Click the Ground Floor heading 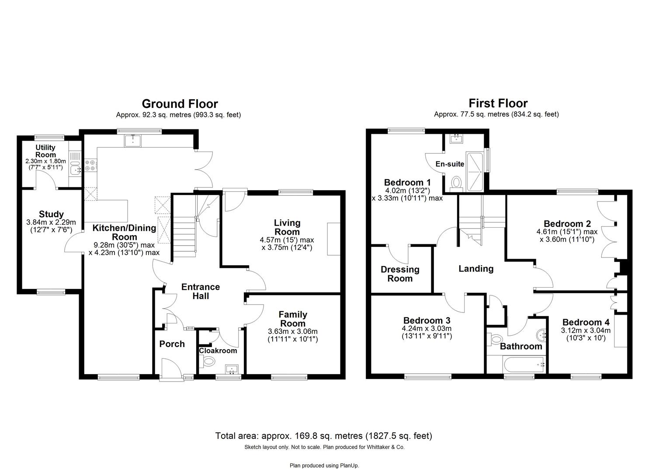[x=180, y=104]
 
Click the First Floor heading [x=498, y=103]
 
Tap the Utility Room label [x=45, y=151]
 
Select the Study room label [x=51, y=214]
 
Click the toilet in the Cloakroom [x=209, y=361]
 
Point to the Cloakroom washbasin [x=231, y=369]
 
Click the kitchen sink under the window [x=132, y=141]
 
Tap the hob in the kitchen [x=91, y=165]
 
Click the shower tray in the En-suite [x=474, y=171]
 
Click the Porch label [x=172, y=344]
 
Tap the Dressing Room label [x=400, y=274]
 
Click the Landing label [x=475, y=269]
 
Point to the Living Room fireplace [x=333, y=239]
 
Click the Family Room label [x=292, y=319]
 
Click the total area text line [x=323, y=436]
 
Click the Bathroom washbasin [x=541, y=336]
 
